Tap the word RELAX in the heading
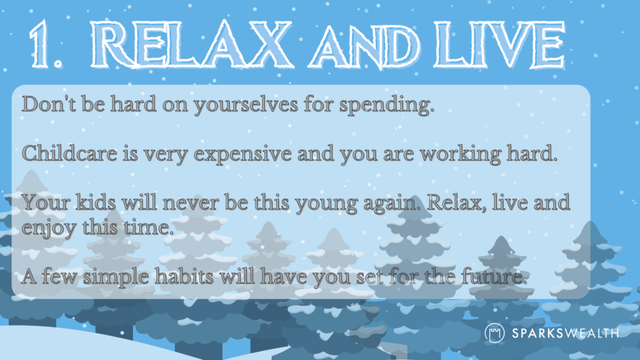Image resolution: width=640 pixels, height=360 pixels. click(x=191, y=44)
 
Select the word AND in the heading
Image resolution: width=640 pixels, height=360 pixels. click(x=365, y=47)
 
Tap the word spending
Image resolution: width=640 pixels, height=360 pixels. click(x=386, y=105)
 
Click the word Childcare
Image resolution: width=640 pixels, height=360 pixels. click(x=69, y=153)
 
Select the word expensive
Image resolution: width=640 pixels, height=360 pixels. click(x=242, y=155)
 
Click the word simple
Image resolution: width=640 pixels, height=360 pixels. click(x=116, y=277)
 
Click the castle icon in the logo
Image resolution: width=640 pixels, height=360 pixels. click(x=494, y=332)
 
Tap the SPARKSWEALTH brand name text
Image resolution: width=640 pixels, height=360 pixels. click(x=565, y=333)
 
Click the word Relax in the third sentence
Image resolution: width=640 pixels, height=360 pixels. click(x=457, y=202)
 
